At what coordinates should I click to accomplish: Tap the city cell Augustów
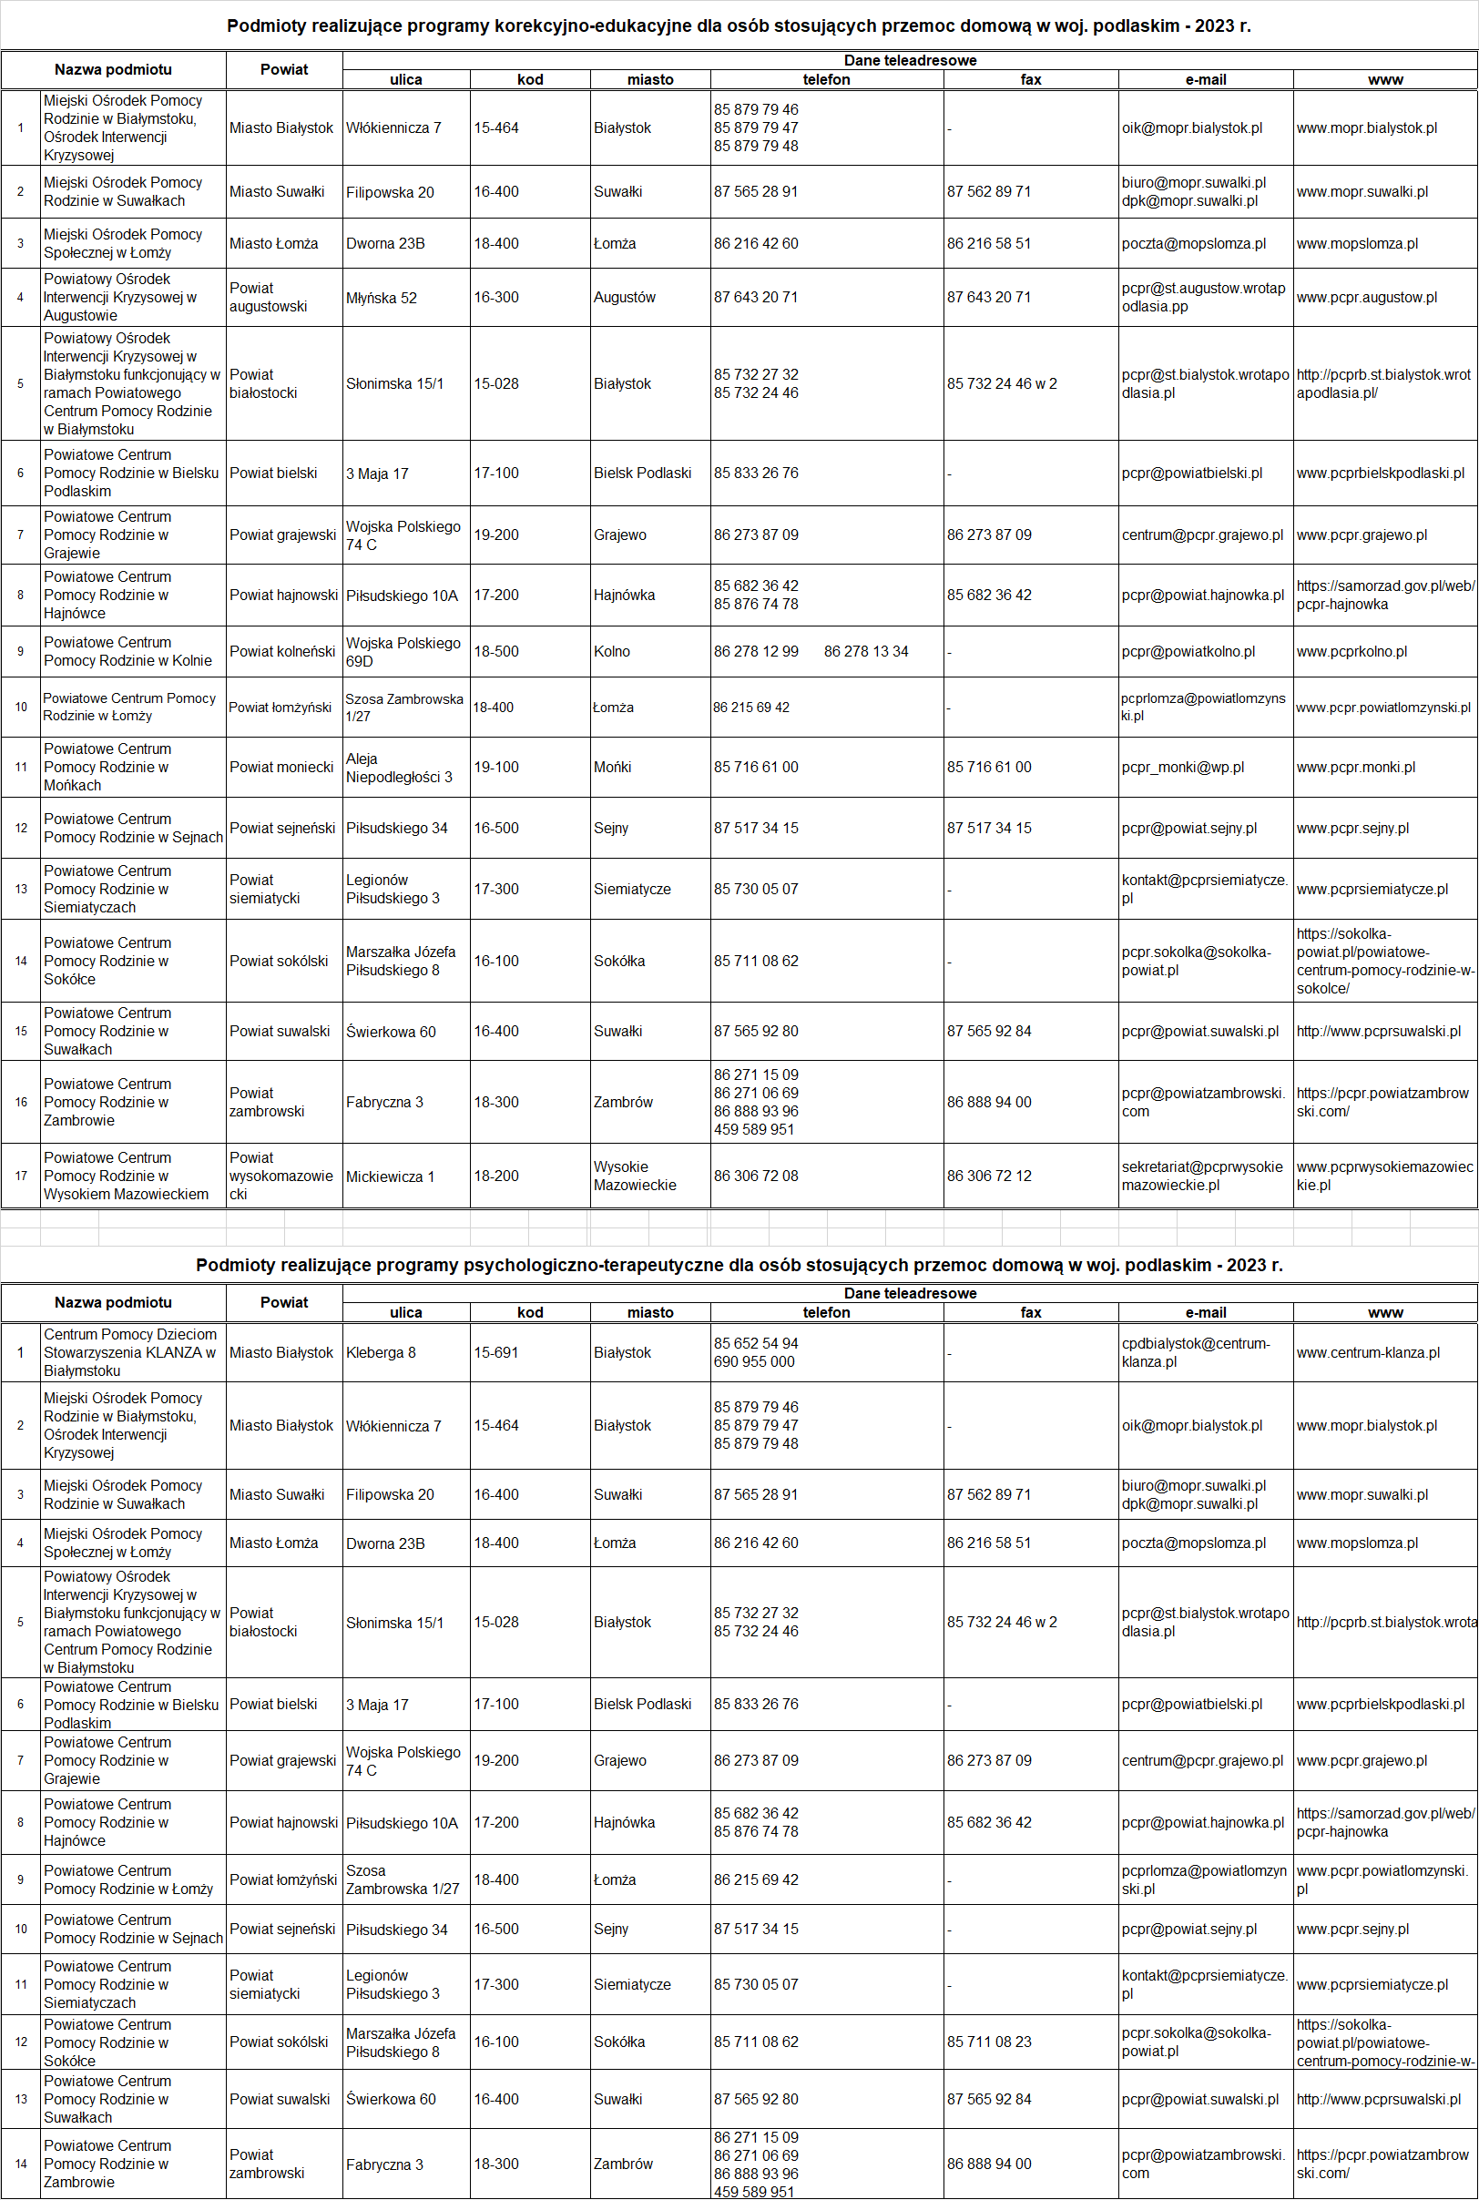pos(624,298)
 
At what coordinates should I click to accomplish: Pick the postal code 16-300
pos(496,298)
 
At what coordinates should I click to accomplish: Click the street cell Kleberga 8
pos(380,1352)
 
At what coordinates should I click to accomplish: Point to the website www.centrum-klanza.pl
pos(1367,1352)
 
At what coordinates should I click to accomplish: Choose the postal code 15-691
pos(496,1352)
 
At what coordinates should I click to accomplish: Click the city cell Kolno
pos(611,652)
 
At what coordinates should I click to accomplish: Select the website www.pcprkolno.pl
pos(1351,652)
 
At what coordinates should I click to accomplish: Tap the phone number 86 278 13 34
pos(866,652)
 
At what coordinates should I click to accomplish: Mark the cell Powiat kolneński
pos(282,652)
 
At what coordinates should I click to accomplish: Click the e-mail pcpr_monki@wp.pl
pos(1182,768)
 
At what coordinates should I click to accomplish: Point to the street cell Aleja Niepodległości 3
pos(398,768)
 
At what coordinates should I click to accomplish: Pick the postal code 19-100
pos(496,768)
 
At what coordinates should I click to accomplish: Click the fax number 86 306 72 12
pos(988,1176)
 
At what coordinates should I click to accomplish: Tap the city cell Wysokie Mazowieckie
pos(634,1176)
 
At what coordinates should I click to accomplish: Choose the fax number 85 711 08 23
pos(988,2042)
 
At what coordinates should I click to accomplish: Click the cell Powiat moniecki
pos(281,768)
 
